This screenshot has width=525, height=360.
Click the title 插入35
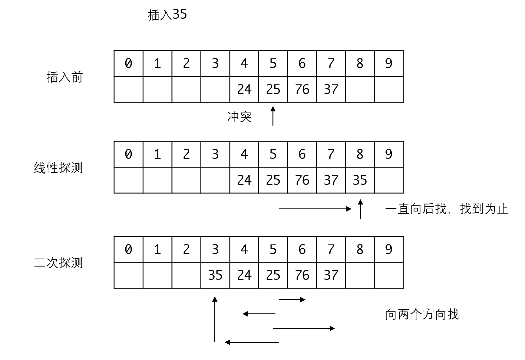coord(167,15)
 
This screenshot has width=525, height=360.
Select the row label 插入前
coord(65,77)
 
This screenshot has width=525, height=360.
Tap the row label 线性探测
coord(58,168)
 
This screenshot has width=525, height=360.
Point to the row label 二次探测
coord(58,263)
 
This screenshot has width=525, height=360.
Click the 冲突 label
coord(239,117)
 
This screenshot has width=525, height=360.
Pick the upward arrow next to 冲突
coord(273,116)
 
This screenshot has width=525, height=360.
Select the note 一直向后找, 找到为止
coord(447,209)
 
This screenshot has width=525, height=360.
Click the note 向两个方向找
coord(422,314)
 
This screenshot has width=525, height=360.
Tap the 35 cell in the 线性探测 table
coord(360,180)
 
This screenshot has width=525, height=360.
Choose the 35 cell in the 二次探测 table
coord(215,275)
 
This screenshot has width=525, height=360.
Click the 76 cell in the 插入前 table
coord(302,89)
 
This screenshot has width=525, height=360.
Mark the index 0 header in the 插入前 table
coord(128,64)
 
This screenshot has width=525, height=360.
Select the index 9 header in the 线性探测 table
coord(389,154)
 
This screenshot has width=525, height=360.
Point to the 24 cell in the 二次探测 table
coord(244,275)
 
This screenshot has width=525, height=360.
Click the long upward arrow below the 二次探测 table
coord(215,319)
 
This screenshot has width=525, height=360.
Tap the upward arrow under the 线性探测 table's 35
coord(360,209)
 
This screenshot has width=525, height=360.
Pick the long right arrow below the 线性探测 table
coord(315,209)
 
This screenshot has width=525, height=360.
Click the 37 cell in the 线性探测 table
coord(331,180)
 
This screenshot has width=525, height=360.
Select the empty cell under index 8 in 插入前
coord(360,89)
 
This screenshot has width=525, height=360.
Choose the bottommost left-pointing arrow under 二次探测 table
coord(252,342)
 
